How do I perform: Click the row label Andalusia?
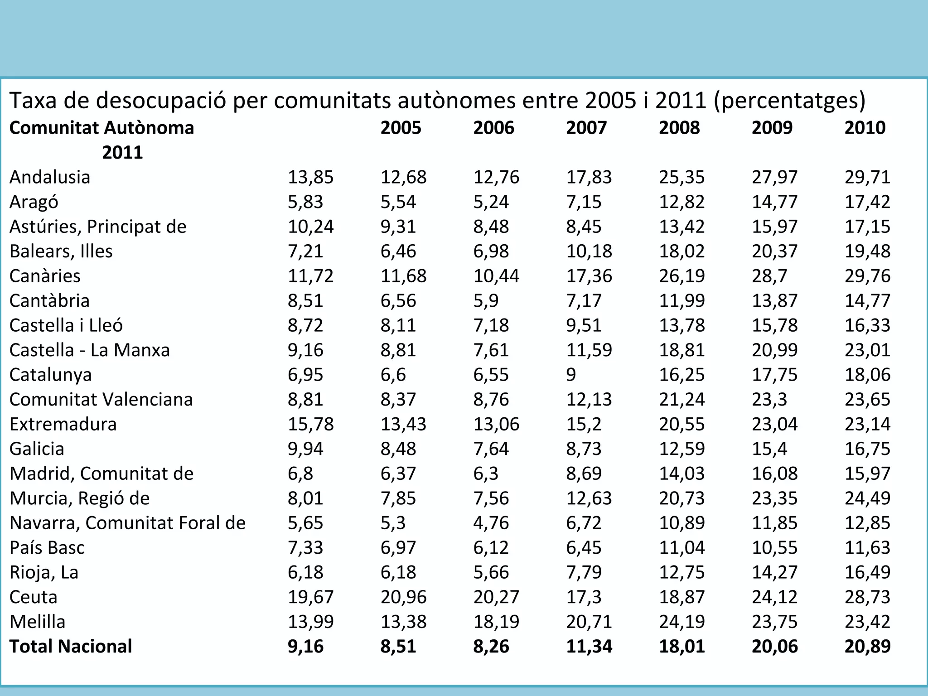click(x=50, y=177)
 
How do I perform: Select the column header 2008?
click(x=679, y=128)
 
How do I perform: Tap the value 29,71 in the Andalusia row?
click(x=867, y=177)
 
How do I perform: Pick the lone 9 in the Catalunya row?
click(x=571, y=375)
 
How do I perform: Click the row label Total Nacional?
click(x=71, y=647)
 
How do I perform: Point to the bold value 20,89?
click(x=867, y=647)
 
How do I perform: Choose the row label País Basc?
click(x=47, y=548)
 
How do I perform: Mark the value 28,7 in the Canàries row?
click(x=769, y=276)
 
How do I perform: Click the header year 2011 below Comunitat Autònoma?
click(x=122, y=153)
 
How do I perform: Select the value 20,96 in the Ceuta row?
click(x=403, y=597)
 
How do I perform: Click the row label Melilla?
click(x=38, y=622)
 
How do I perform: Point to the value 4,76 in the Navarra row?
click(x=491, y=523)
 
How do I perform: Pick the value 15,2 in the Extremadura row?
click(x=584, y=424)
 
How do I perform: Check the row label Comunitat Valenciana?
click(x=101, y=400)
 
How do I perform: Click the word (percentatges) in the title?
click(x=789, y=101)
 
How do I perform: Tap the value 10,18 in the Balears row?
click(x=589, y=251)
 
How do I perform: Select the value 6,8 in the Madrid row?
click(x=300, y=474)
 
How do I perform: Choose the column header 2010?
click(x=865, y=128)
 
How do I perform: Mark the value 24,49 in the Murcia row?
click(x=867, y=498)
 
